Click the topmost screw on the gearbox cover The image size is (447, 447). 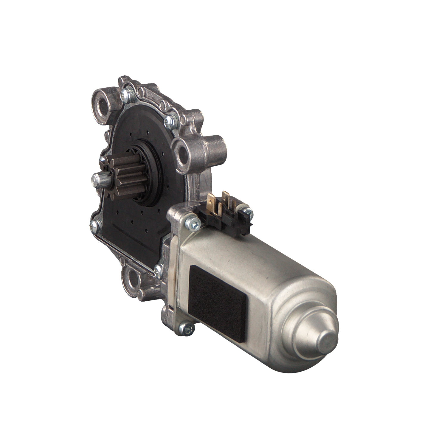coord(125,94)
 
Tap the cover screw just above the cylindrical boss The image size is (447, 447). coord(171,120)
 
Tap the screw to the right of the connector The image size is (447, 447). coord(247,212)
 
